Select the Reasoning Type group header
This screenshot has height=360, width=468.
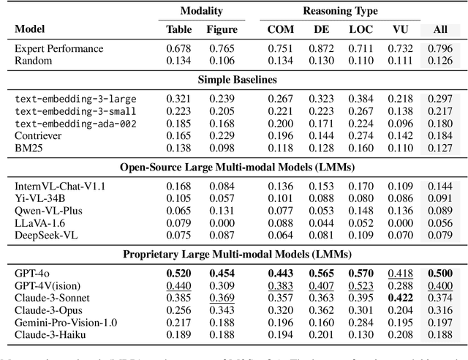pyautogui.click(x=331, y=12)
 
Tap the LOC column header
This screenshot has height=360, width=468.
pyautogui.click(x=358, y=31)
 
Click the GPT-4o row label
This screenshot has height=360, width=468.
pyautogui.click(x=31, y=273)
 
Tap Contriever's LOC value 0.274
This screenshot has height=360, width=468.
pyautogui.click(x=358, y=135)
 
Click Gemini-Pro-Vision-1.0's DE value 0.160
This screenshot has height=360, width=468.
pyautogui.click(x=320, y=323)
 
